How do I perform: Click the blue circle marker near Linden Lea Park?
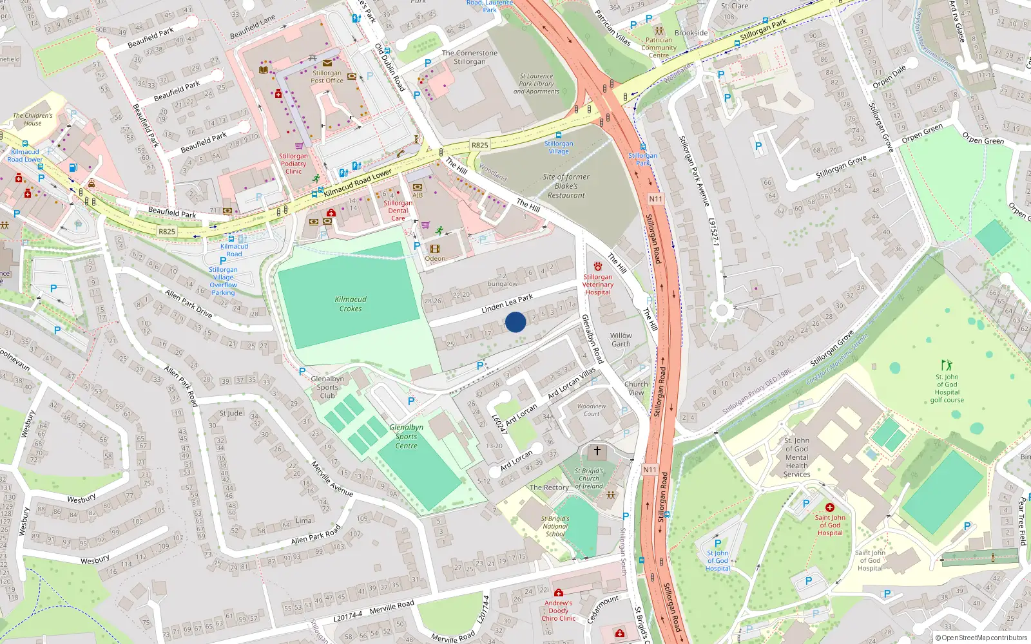click(x=515, y=322)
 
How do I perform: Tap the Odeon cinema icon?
click(x=435, y=249)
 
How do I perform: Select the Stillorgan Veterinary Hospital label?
click(x=598, y=285)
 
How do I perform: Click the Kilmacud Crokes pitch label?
click(x=351, y=304)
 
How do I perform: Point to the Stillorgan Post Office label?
click(x=327, y=77)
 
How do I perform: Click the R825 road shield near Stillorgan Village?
click(x=479, y=145)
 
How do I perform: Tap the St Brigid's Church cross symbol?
click(x=597, y=451)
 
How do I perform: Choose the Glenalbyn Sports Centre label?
click(x=406, y=437)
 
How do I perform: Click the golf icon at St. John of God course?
click(x=946, y=365)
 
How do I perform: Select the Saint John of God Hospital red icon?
click(x=829, y=507)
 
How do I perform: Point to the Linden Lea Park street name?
click(x=507, y=303)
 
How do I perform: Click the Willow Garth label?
click(x=621, y=339)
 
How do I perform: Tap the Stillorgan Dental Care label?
click(x=398, y=211)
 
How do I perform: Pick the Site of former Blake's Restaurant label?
click(x=566, y=186)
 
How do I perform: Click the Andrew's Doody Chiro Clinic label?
click(x=558, y=611)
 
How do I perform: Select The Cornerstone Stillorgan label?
click(x=469, y=57)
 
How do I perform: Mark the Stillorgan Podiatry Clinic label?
click(x=293, y=164)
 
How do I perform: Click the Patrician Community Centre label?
click(x=659, y=48)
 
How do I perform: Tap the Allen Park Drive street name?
click(x=188, y=303)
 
